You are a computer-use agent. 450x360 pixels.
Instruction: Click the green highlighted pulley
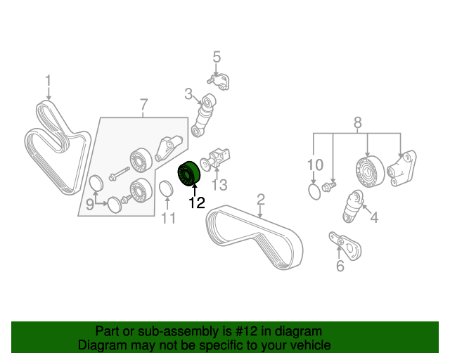188,174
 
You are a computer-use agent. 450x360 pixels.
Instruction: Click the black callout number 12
197,202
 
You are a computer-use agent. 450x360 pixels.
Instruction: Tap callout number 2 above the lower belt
261,200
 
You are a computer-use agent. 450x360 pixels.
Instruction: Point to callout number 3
188,94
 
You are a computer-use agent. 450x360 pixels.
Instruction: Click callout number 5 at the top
217,57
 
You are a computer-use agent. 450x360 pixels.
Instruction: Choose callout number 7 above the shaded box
143,105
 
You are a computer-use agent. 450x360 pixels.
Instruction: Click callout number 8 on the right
357,123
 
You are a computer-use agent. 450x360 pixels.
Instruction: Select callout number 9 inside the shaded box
90,205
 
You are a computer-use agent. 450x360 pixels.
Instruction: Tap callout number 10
315,165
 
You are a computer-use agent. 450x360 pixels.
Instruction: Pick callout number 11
168,218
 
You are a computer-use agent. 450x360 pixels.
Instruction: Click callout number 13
219,185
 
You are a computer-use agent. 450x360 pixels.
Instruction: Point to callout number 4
374,217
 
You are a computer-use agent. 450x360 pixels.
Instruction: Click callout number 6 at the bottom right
340,266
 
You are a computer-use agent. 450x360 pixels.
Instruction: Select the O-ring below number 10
314,192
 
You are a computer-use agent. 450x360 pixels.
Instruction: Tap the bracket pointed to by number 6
345,245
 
